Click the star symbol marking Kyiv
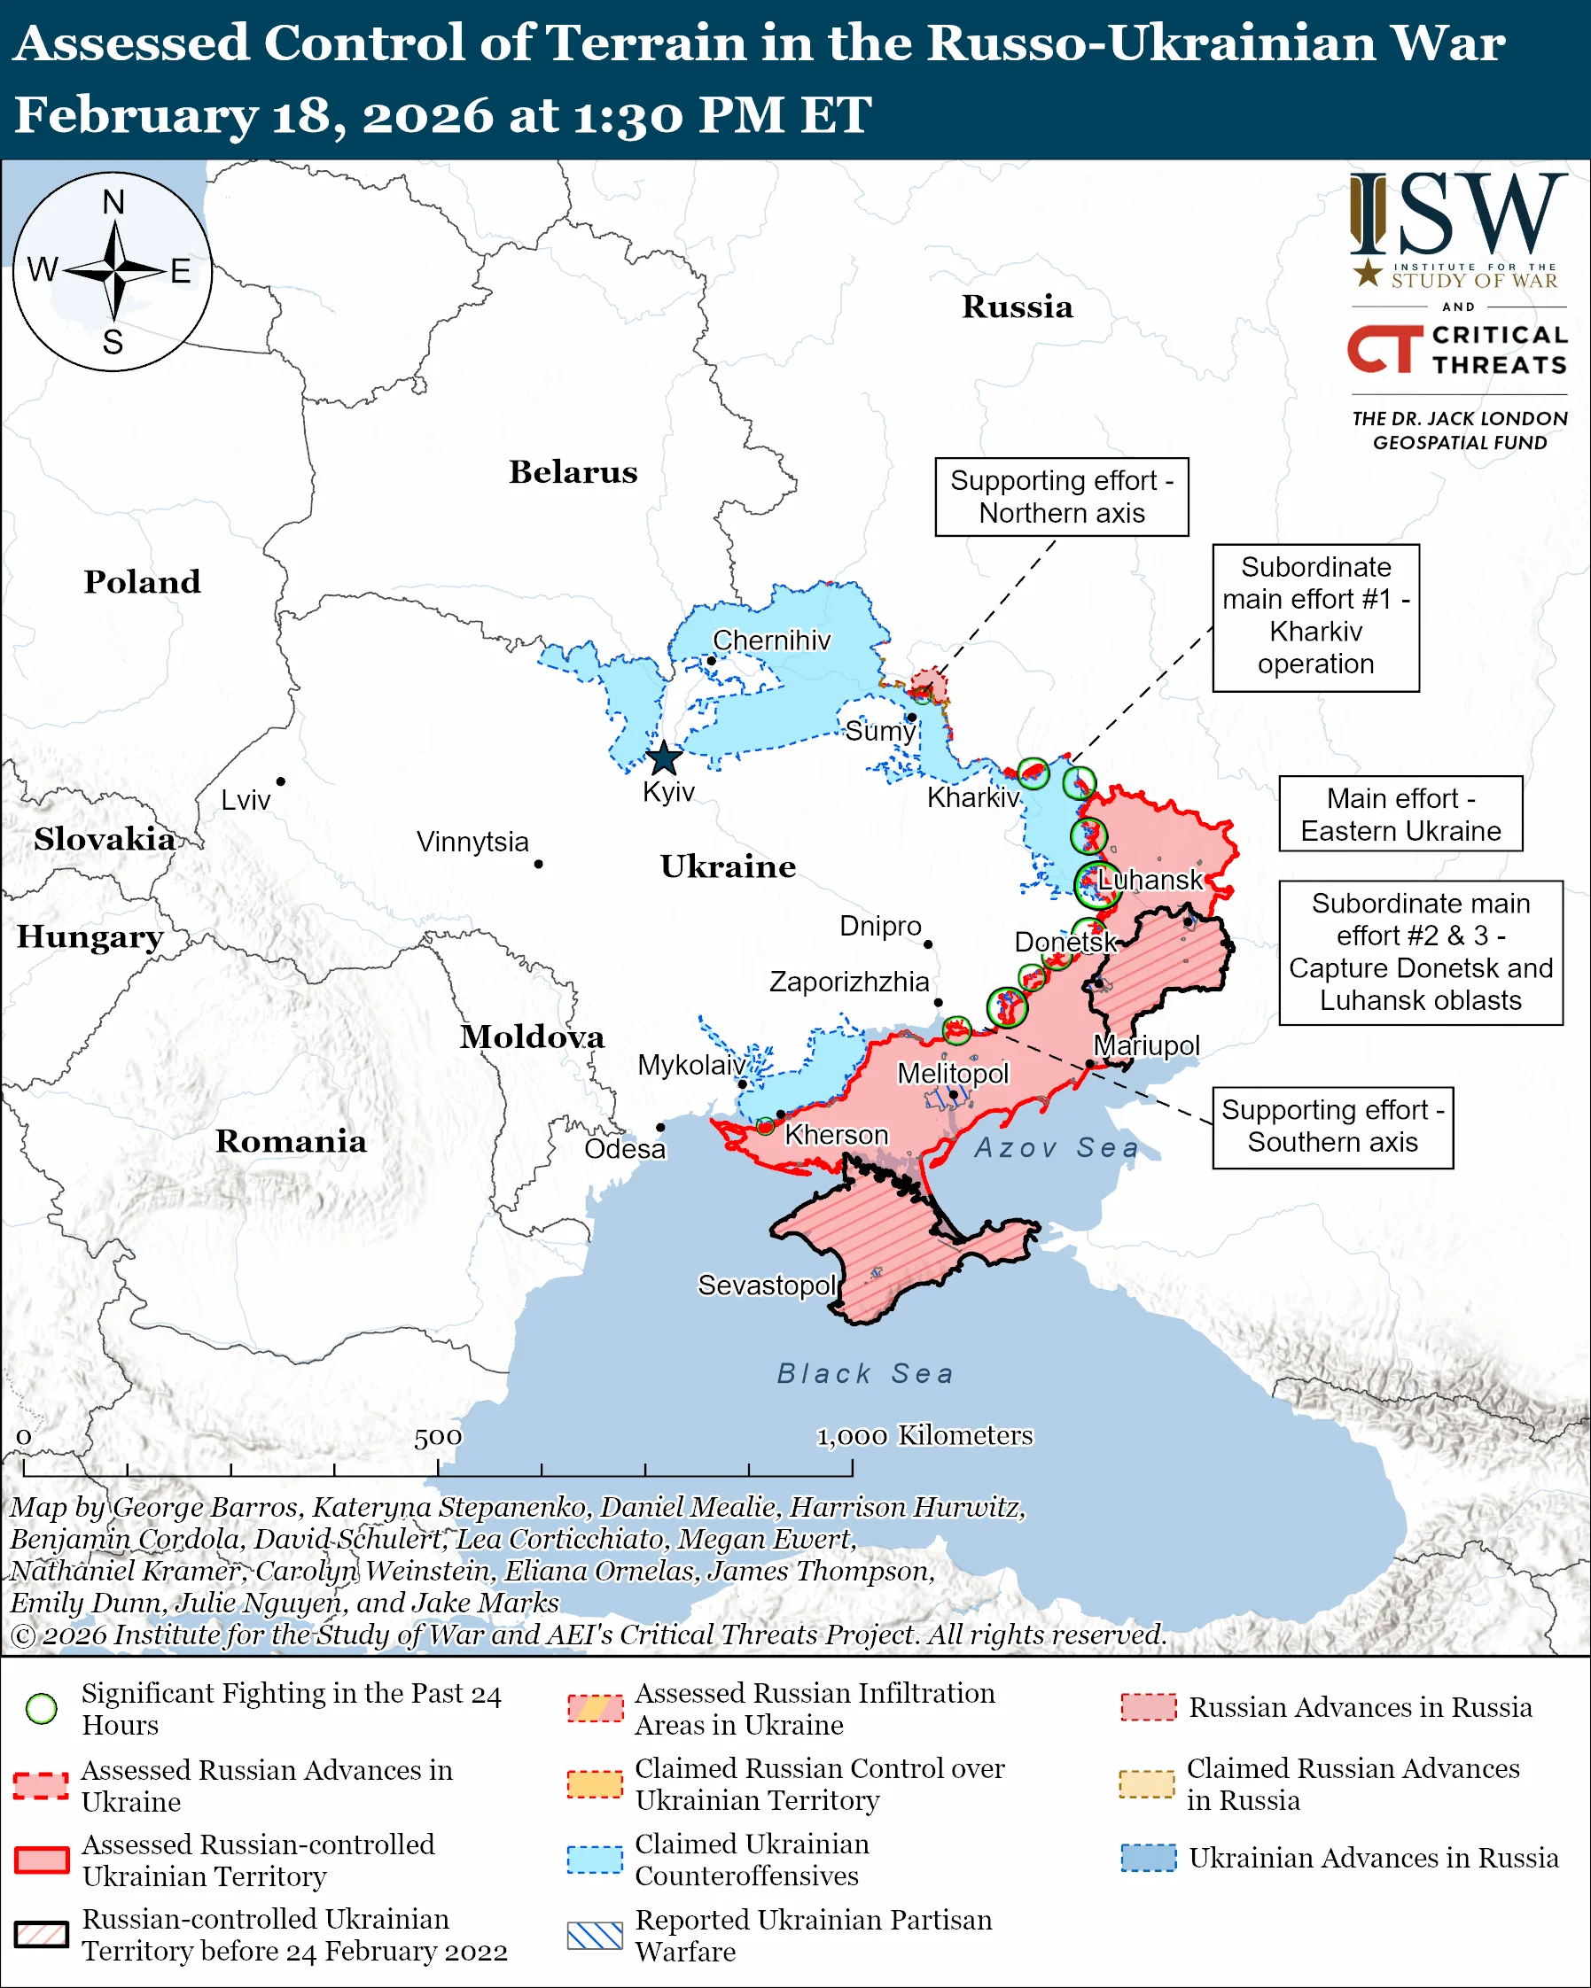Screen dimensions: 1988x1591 [664, 759]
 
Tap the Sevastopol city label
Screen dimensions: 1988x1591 [767, 1285]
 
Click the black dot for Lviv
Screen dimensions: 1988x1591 [280, 781]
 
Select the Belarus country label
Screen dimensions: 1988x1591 [573, 472]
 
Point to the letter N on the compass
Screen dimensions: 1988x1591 [113, 202]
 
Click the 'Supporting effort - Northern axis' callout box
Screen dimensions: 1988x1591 [1062, 497]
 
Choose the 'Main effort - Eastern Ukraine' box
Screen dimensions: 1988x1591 [1400, 814]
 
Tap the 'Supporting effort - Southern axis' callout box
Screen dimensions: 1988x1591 [1332, 1127]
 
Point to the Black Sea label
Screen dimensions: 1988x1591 [865, 1374]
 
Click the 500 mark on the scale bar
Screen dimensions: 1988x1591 [437, 1438]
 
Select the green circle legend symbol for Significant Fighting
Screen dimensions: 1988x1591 [42, 1709]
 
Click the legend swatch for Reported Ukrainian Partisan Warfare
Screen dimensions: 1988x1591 [595, 1936]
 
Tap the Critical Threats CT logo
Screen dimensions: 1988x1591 [1384, 349]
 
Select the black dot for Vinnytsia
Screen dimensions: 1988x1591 [539, 864]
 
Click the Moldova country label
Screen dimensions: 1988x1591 [532, 1037]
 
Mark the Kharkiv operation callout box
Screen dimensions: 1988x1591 [1315, 617]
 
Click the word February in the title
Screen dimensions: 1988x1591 [136, 116]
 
